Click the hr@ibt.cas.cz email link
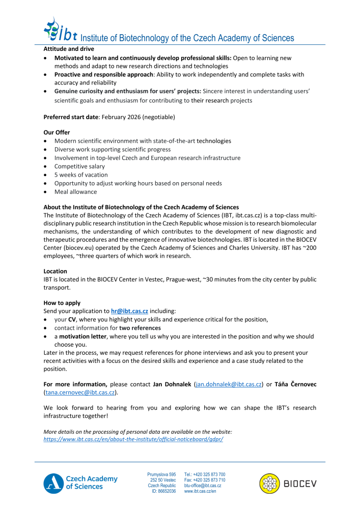129,310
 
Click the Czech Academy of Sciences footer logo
80,483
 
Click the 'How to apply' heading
62,302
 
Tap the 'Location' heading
55,271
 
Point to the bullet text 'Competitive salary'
79,166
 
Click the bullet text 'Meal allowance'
75,192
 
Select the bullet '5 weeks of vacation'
81,175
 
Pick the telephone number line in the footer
205,474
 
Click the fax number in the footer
205,480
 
